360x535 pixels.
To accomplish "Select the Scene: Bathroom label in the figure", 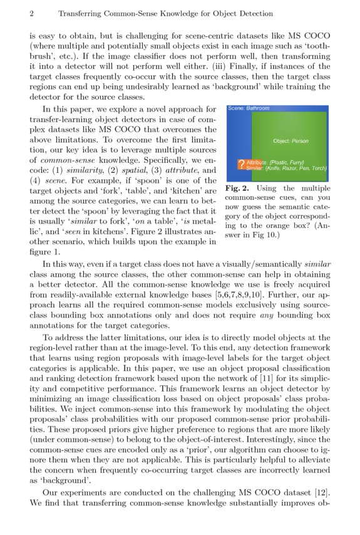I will pos(248,108).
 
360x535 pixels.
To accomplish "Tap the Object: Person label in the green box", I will pos(291,141).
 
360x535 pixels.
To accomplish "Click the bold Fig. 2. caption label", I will pos(237,188).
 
